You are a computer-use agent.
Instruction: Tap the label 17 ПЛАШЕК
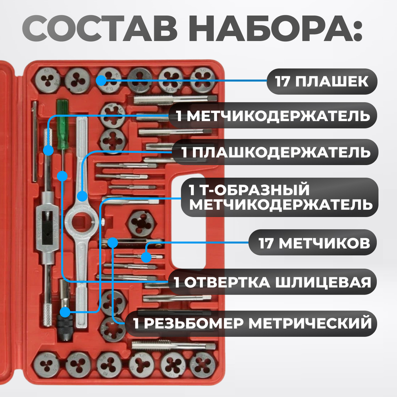coord(321,82)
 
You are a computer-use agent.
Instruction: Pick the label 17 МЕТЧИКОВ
coord(312,243)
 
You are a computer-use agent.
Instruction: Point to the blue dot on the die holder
coord(82,196)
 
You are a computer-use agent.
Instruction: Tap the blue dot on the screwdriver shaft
coord(62,175)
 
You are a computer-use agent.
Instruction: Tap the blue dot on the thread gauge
coord(113,242)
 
